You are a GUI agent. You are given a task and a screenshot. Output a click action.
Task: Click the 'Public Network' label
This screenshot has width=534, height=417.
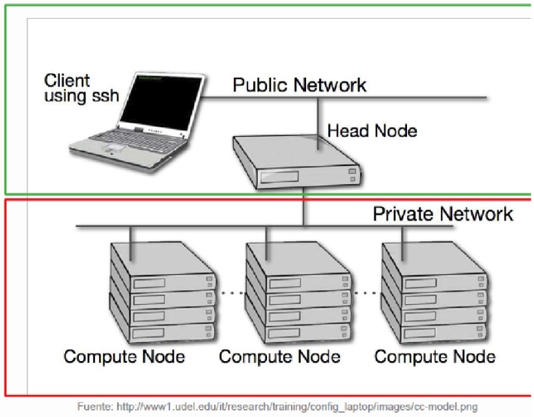click(x=300, y=85)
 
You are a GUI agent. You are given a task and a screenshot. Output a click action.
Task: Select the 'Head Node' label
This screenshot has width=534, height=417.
click(x=372, y=131)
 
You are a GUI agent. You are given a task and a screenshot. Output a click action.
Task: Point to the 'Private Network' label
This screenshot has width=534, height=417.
click(x=443, y=213)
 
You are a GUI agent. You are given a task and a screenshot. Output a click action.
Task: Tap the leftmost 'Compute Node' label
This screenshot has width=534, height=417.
click(x=124, y=356)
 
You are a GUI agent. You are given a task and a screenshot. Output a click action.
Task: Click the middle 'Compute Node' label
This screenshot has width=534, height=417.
click(x=279, y=356)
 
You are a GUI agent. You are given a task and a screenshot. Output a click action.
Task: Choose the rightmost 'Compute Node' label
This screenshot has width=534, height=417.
click(x=435, y=356)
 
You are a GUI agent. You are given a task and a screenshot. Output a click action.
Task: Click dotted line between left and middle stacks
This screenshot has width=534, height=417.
click(x=230, y=293)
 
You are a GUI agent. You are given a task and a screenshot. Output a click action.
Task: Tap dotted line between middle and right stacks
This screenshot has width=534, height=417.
click(x=366, y=293)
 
